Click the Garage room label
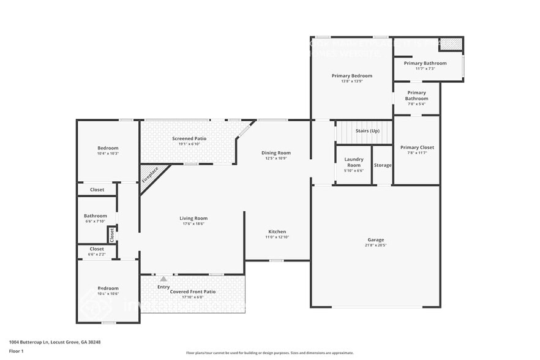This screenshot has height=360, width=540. point(376,239)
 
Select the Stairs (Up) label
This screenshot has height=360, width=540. point(367,131)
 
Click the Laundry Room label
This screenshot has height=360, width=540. point(354,162)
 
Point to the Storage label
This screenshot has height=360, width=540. point(383,165)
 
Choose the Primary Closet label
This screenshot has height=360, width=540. point(417,148)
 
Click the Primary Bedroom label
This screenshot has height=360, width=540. point(352,76)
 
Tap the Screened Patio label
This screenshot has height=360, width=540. point(189,139)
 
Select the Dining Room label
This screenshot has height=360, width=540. point(276,153)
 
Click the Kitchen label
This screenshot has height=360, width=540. point(277,231)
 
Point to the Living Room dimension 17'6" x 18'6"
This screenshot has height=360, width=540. point(193,224)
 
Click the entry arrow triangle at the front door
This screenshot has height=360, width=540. point(163,279)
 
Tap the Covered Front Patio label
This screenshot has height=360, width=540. point(193,292)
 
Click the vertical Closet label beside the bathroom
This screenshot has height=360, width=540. point(111,233)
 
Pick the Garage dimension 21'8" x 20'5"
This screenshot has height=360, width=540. point(376,246)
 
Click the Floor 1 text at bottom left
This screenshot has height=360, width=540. point(16,351)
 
